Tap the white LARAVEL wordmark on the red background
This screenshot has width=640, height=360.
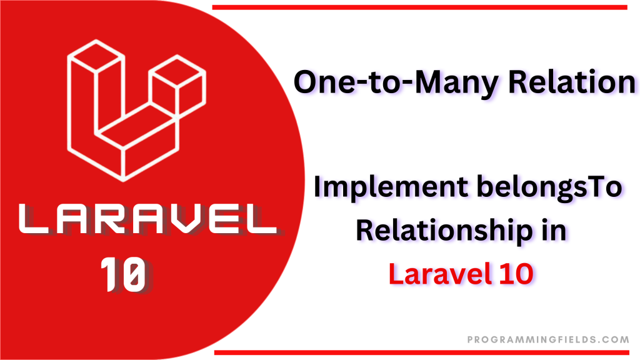click(x=147, y=219)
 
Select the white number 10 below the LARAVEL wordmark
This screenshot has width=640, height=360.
click(x=123, y=274)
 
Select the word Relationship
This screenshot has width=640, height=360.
click(x=444, y=231)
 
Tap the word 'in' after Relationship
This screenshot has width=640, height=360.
click(x=554, y=230)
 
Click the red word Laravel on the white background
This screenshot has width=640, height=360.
click(x=439, y=274)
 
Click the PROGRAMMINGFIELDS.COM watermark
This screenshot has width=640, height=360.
click(x=548, y=339)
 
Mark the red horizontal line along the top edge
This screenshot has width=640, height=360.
click(x=419, y=7)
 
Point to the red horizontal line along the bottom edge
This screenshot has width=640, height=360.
click(x=422, y=352)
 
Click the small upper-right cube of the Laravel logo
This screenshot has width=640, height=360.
click(x=177, y=85)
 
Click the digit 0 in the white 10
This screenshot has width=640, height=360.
click(x=132, y=274)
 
